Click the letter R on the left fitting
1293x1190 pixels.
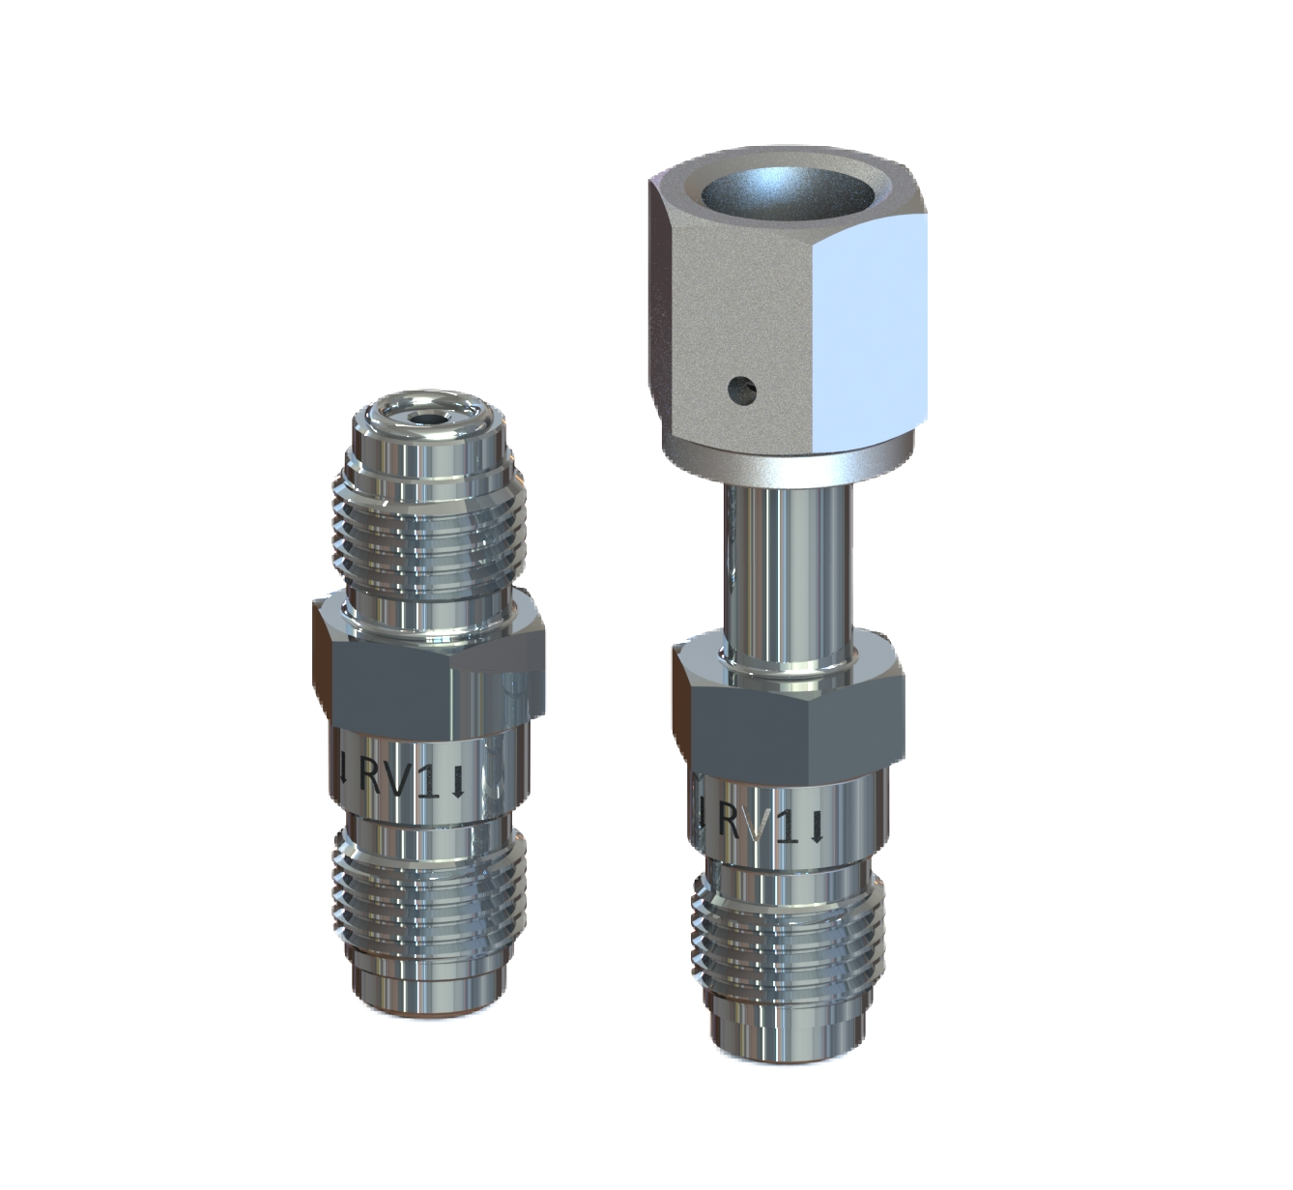tap(375, 776)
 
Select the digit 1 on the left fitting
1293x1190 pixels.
tap(430, 778)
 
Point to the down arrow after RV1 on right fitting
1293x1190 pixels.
tap(819, 827)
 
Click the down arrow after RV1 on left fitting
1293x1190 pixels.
tap(457, 780)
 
